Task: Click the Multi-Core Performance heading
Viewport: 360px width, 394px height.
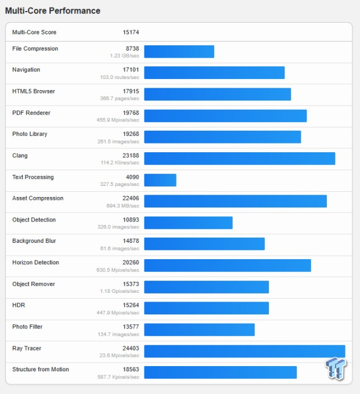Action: pos(53,11)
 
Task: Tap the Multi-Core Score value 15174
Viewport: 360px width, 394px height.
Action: pos(131,32)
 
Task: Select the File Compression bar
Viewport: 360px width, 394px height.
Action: pos(179,52)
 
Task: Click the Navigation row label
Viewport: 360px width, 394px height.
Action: pos(26,70)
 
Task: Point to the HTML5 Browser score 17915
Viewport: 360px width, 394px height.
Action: pos(131,91)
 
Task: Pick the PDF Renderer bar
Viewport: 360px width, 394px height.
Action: pos(225,116)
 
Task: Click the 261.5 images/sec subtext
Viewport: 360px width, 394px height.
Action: pos(118,141)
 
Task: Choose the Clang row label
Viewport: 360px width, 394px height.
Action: pos(20,156)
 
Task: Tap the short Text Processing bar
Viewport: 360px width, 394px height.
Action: pos(160,180)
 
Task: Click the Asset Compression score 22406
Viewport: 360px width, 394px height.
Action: pos(131,198)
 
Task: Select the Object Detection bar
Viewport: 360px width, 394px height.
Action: pos(188,223)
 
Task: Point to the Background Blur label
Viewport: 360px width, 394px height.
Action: pos(34,241)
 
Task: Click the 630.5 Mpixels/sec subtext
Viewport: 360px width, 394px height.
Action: pos(118,270)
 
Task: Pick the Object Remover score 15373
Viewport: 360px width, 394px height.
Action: pos(131,284)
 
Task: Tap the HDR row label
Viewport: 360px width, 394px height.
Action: pos(19,305)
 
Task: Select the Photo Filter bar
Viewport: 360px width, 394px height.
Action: pos(199,329)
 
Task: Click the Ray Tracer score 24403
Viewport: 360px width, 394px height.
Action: pos(131,348)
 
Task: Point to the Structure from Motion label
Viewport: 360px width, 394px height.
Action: pos(41,370)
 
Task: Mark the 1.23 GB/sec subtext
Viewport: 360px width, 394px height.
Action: pos(124,56)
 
